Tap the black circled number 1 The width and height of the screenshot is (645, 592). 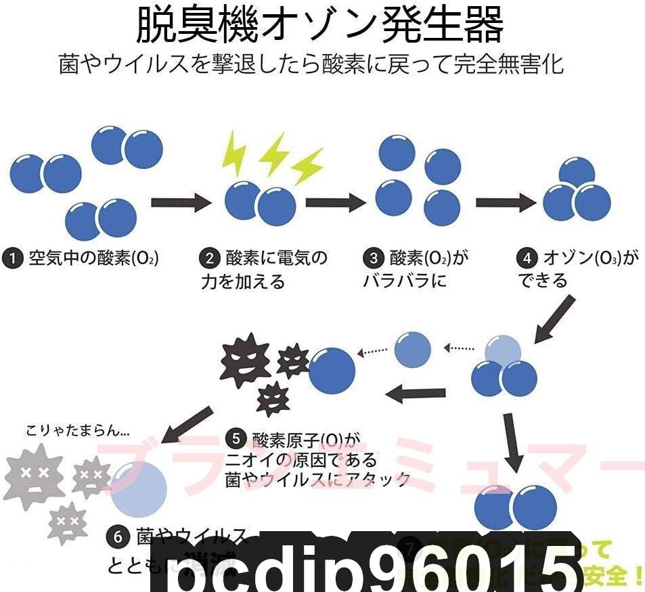[13, 258]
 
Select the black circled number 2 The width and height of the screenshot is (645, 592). [210, 258]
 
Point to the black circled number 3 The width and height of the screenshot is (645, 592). [373, 258]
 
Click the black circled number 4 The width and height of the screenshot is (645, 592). [527, 258]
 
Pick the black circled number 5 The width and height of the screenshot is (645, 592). [236, 439]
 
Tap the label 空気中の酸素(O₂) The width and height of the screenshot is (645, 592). [93, 258]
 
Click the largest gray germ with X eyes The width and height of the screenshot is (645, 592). [34, 473]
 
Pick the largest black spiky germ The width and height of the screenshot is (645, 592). [244, 358]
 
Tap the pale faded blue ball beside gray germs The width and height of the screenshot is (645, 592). [139, 489]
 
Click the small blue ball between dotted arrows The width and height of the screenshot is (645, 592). [412, 349]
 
